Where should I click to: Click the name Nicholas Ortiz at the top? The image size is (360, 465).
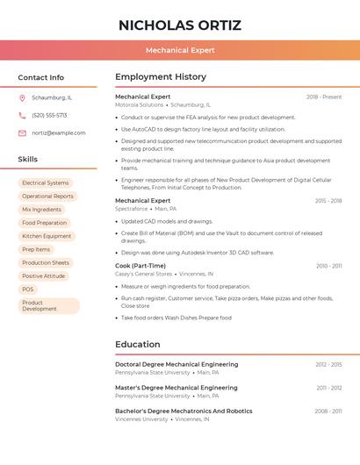point(180,25)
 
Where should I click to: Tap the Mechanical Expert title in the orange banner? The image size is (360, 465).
point(180,50)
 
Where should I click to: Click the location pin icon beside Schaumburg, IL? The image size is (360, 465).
point(22,98)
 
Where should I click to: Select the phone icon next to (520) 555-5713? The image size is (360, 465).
point(22,116)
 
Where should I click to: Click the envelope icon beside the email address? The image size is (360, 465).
point(22,133)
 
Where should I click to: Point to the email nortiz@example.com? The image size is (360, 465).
point(59,133)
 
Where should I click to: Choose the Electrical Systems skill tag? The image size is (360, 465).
point(46,183)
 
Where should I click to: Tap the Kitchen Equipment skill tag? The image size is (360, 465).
point(47,236)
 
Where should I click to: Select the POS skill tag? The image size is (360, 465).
point(28,289)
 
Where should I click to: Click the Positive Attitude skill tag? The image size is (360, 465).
point(44,275)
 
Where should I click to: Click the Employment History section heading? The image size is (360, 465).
point(161,77)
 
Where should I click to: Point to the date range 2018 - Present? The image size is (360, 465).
point(324,97)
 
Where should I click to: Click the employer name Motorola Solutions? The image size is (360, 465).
point(140,104)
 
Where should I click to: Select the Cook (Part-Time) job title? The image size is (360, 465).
point(140,265)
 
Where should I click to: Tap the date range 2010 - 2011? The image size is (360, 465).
point(329,266)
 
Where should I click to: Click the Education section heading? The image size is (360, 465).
point(137,345)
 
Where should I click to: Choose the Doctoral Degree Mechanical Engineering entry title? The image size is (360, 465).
point(176,364)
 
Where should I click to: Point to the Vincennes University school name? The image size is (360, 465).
point(141,419)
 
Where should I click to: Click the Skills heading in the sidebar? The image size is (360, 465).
point(28,160)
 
